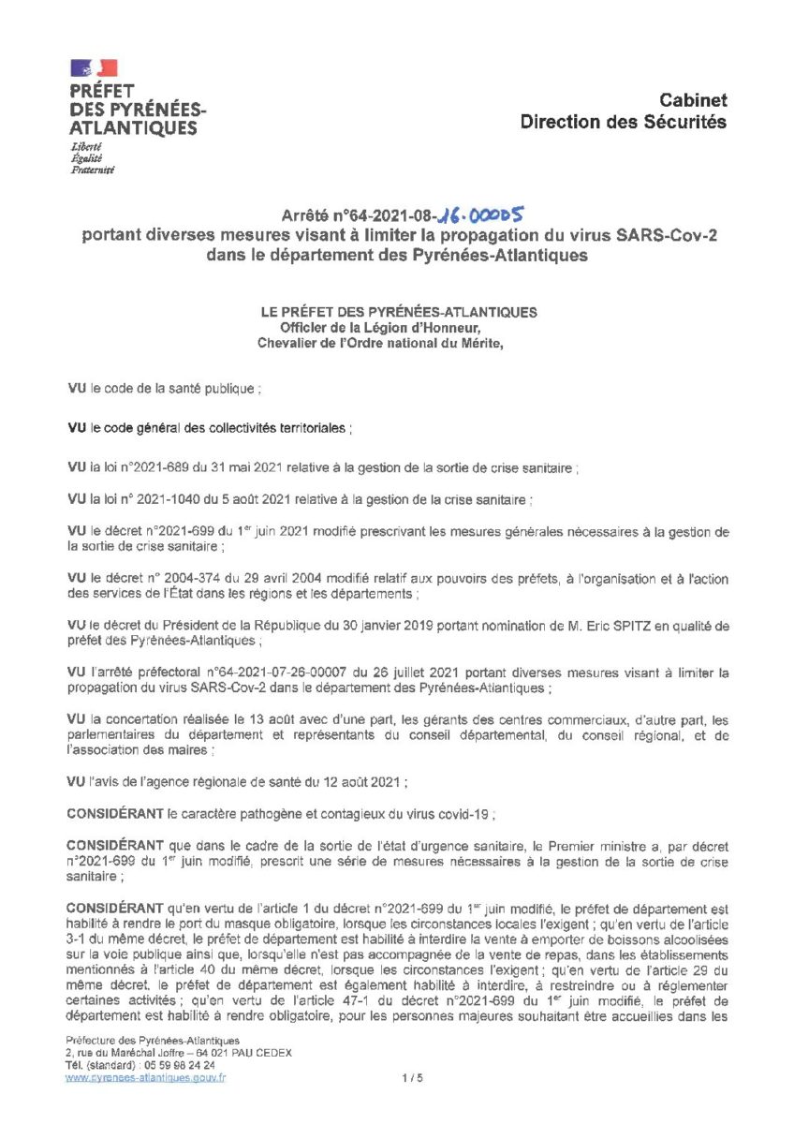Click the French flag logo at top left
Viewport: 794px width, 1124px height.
pos(95,67)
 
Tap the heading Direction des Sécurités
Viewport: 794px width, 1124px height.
pos(624,122)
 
